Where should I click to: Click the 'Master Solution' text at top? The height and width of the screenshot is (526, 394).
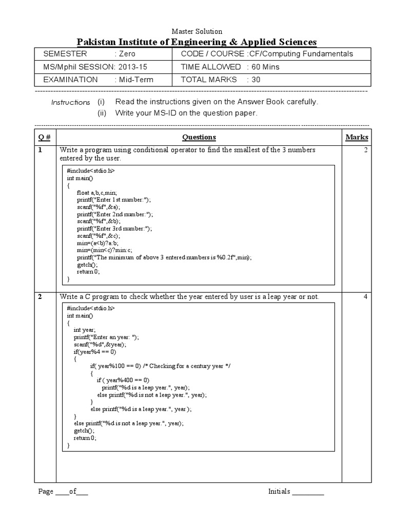pos(196,32)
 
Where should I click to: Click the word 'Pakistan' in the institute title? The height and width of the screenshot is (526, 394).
pos(96,42)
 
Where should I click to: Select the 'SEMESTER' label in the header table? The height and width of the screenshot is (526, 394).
pos(65,54)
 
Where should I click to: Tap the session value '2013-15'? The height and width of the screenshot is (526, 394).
pos(132,67)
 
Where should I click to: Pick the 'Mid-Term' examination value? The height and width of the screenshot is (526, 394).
pos(136,80)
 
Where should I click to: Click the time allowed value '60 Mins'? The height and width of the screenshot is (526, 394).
pos(264,67)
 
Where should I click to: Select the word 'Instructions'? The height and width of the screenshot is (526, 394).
pos(70,102)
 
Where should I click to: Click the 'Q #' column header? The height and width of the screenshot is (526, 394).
pos(45,137)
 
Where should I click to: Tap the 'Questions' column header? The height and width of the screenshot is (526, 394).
pos(199,137)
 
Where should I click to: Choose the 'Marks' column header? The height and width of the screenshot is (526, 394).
pos(357,137)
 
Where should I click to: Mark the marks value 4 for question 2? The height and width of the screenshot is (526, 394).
pos(366,296)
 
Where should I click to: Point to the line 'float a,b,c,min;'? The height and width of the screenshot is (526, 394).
pos(100,193)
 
